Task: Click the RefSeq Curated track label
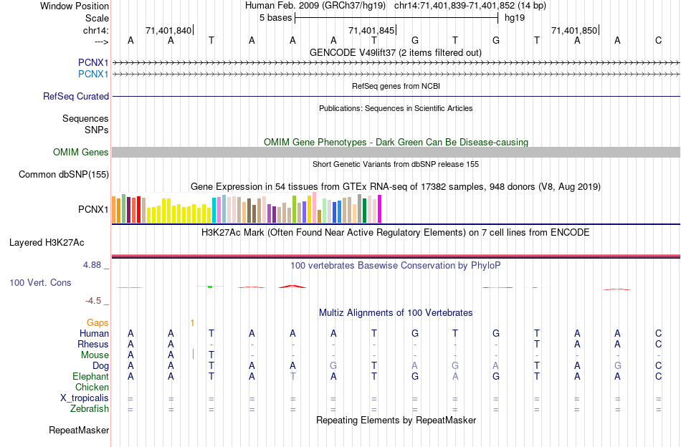click(x=76, y=96)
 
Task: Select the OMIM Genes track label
click(x=80, y=152)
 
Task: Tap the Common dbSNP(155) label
click(x=64, y=174)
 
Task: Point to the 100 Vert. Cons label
click(x=40, y=283)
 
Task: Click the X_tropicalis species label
click(x=85, y=398)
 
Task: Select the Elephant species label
click(x=90, y=377)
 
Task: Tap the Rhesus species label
click(x=93, y=345)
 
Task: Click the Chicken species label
click(x=92, y=388)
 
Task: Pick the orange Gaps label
click(x=97, y=323)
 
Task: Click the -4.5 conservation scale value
click(x=95, y=301)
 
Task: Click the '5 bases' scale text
click(x=275, y=17)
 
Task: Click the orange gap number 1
click(x=192, y=323)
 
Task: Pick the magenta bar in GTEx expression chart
click(x=379, y=208)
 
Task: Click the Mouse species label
click(x=95, y=355)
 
